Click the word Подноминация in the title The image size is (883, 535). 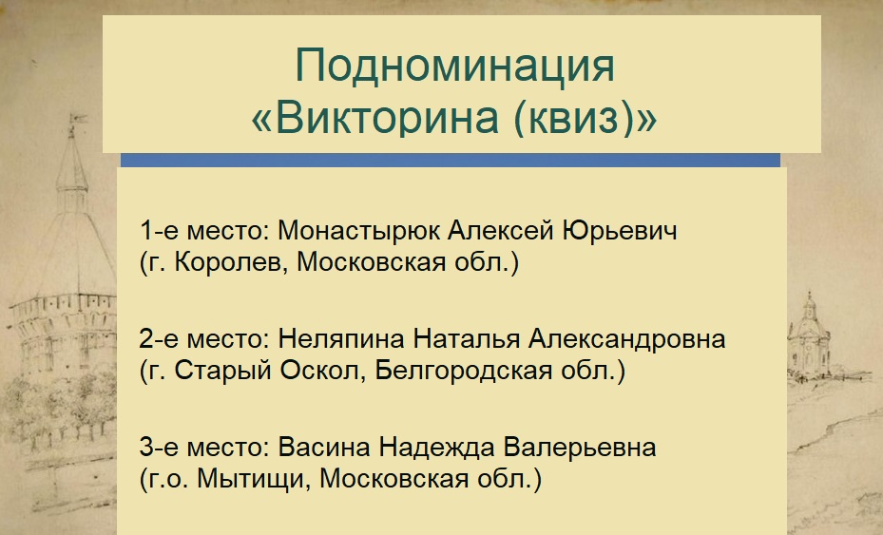coord(454,66)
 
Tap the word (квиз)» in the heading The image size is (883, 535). coord(585,118)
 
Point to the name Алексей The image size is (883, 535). coord(501,230)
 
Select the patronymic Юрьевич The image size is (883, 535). coord(620,231)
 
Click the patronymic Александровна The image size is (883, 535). coord(626,339)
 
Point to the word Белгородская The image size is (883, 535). coord(464,371)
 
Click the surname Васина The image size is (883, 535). coord(324,448)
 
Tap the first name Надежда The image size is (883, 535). coord(437,448)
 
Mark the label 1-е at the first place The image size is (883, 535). coord(160,231)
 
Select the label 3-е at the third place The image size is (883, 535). coord(160,448)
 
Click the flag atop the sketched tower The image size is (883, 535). coord(78,119)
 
